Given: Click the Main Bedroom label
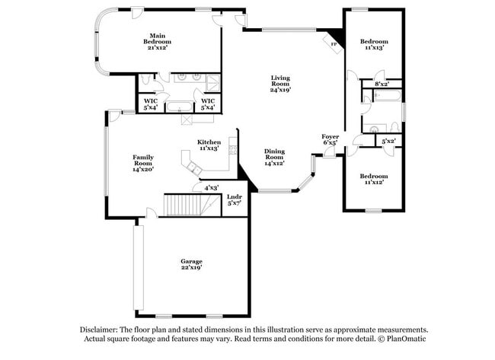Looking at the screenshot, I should tap(158, 40).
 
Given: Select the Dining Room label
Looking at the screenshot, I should tap(274, 157).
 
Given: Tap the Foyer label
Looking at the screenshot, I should tap(330, 136).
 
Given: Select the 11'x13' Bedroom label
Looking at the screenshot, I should tap(374, 44).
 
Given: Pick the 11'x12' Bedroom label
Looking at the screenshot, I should tap(374, 179).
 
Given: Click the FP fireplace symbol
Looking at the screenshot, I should tap(334, 44).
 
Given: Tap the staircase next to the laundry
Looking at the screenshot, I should tap(184, 205).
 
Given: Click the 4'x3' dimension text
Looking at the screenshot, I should tap(210, 187).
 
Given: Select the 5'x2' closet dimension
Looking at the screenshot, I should tap(388, 141).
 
